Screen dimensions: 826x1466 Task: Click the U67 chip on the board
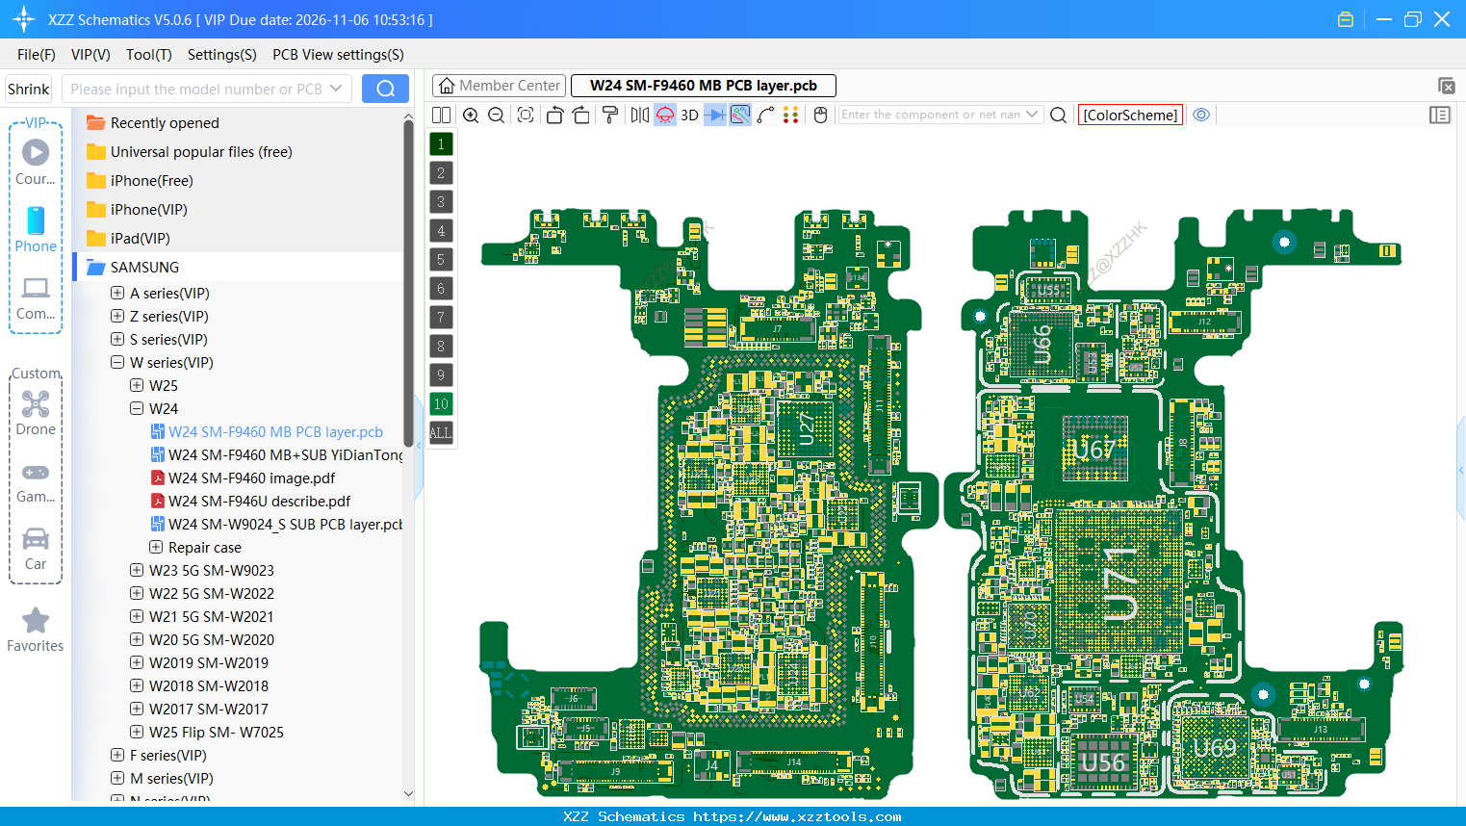1094,450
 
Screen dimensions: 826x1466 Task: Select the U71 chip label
1120,584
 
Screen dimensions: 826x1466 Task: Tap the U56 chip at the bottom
1103,762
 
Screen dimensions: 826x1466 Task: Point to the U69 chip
1215,747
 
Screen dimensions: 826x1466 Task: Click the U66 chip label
1042,346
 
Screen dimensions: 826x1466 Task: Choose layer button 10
441,404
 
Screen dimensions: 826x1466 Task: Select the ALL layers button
441,433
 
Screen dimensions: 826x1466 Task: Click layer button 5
441,260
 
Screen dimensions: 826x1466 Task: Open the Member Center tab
499,86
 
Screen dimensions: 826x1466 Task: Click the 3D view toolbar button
689,116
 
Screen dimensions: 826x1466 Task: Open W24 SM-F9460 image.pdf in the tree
251,478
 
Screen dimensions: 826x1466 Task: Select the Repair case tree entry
204,548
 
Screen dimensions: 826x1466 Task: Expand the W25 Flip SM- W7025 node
137,733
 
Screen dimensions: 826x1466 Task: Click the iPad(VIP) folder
140,239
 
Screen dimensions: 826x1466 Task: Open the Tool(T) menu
148,55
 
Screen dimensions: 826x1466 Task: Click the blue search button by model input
385,89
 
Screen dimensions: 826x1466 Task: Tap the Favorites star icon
36,621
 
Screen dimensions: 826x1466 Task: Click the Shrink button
29,90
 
